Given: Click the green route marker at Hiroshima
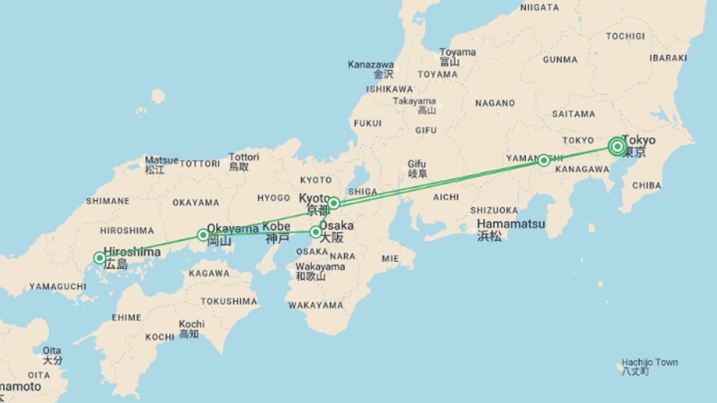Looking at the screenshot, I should [x=99, y=258].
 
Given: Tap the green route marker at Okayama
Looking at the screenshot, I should [x=203, y=235].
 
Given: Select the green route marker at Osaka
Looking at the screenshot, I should [x=316, y=232].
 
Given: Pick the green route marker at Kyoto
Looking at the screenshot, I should [x=333, y=203].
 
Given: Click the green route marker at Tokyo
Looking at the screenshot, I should [x=617, y=146].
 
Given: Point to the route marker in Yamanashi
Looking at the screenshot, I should [x=544, y=160].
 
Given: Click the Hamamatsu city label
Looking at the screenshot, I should [x=511, y=224].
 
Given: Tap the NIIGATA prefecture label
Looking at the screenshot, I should [x=539, y=8].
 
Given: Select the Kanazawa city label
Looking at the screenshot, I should [x=370, y=65].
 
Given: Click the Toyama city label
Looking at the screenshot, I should [x=457, y=52].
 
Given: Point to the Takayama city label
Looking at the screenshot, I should [x=414, y=101].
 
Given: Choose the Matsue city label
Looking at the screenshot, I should [x=161, y=160].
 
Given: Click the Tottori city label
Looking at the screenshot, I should [x=244, y=157].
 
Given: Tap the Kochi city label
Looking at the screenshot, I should [x=192, y=324].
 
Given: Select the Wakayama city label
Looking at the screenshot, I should [x=320, y=267].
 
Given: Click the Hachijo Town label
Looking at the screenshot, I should [x=649, y=362].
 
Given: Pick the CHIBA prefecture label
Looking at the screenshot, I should [x=646, y=185].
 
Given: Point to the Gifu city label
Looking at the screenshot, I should [x=416, y=164].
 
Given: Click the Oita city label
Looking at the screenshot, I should [x=52, y=351].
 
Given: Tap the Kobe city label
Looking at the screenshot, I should [x=276, y=227].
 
